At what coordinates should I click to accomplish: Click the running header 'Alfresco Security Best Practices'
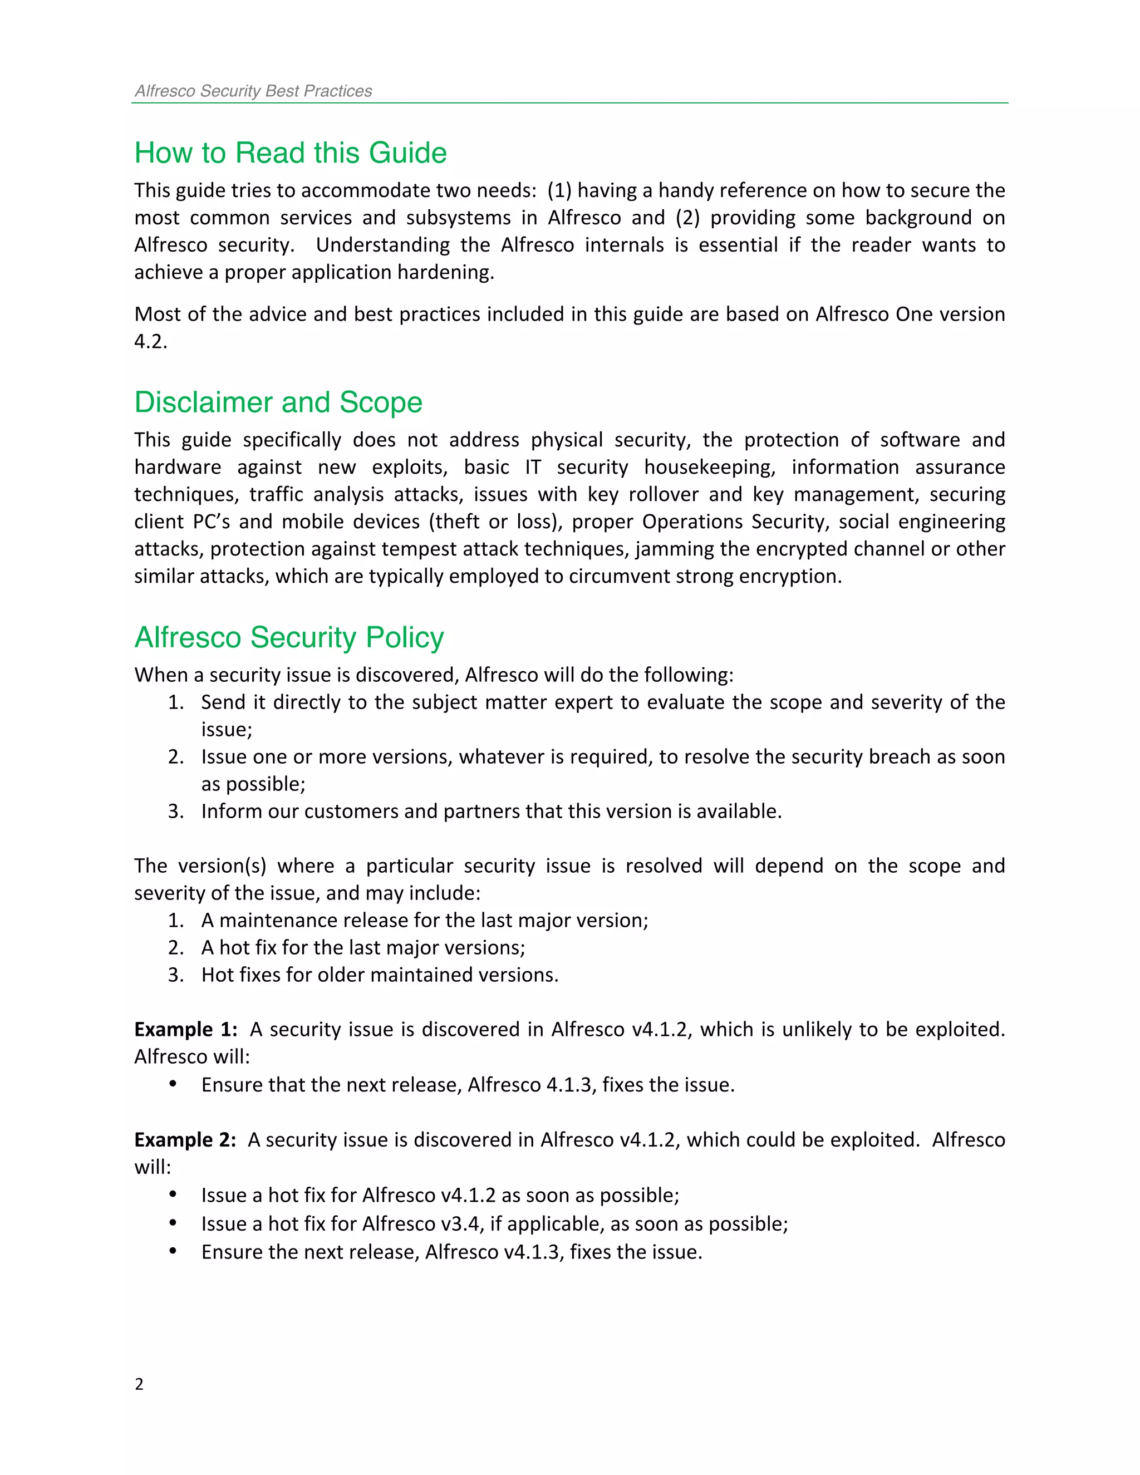[253, 91]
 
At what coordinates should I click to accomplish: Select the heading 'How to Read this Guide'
[291, 153]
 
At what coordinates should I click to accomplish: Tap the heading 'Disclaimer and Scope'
[278, 402]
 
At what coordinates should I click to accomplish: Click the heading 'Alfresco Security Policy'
[289, 637]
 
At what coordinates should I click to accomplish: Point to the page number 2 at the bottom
[139, 1384]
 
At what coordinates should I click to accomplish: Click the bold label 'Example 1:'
[186, 1029]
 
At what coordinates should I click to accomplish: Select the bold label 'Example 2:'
[185, 1140]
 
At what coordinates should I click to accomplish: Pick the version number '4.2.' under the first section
[150, 342]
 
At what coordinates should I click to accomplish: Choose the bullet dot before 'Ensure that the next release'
[173, 1084]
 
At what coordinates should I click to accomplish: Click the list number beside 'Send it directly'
[175, 702]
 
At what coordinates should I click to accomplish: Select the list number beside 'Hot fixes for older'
[175, 975]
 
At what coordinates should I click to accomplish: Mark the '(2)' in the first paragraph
[687, 218]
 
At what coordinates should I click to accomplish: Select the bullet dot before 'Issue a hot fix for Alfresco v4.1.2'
[173, 1194]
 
